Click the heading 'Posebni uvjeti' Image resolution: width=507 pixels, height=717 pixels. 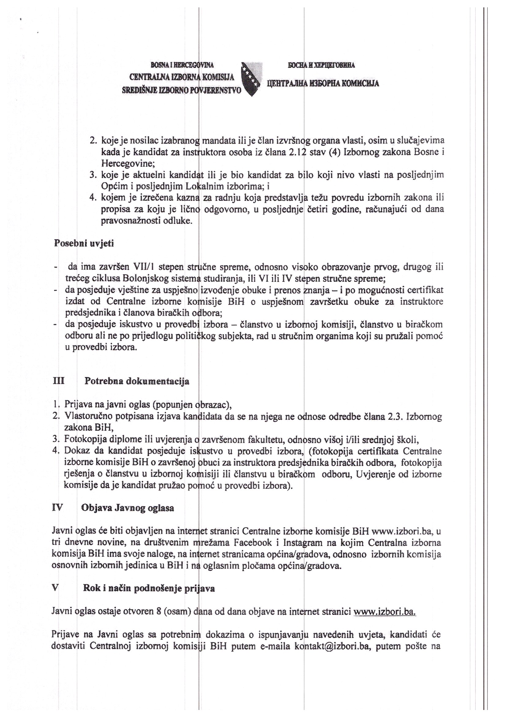click(x=84, y=243)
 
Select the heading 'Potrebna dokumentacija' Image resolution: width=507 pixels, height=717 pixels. click(x=137, y=381)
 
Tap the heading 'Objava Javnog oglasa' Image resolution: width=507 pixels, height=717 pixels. click(x=128, y=508)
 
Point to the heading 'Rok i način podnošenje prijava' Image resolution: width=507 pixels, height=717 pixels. click(x=149, y=588)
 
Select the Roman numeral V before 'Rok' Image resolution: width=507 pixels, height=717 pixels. click(x=55, y=588)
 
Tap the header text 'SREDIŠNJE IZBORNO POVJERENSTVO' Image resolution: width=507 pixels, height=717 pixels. click(x=182, y=91)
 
